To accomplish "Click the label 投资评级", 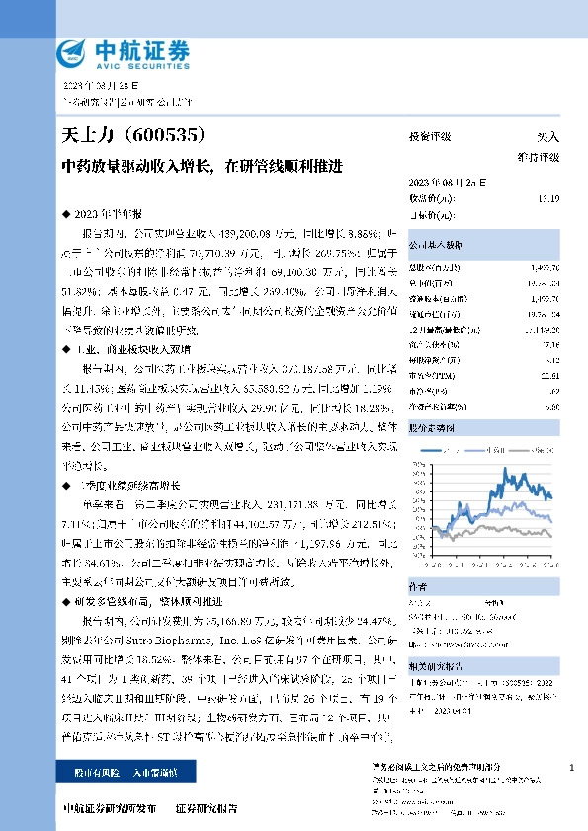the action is (x=430, y=137).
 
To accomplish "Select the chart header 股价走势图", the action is (x=433, y=430).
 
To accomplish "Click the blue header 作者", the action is (x=420, y=586).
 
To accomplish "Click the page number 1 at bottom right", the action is (x=572, y=767).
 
